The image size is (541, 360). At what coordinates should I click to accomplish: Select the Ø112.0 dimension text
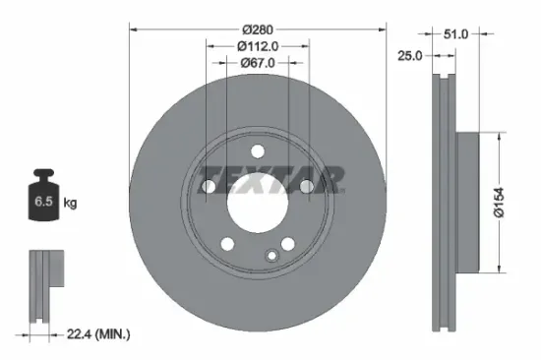tap(257, 45)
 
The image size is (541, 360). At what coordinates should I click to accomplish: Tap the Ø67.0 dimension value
tap(257, 63)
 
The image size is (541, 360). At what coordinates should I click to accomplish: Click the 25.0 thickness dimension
tap(409, 55)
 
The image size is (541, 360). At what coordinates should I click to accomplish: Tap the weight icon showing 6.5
tap(45, 201)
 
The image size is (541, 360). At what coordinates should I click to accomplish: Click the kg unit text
tap(70, 203)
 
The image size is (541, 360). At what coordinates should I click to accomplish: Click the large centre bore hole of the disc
tap(257, 202)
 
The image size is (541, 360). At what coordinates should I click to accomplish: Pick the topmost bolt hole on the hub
tap(257, 150)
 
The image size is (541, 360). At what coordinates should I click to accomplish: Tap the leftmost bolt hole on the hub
tap(209, 186)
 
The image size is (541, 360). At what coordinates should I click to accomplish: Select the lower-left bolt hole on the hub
tap(227, 243)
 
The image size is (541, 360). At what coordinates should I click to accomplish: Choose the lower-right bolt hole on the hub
tap(287, 243)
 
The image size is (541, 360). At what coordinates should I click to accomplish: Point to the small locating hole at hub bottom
tap(271, 255)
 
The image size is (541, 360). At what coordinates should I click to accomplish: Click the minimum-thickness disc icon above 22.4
tap(44, 285)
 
